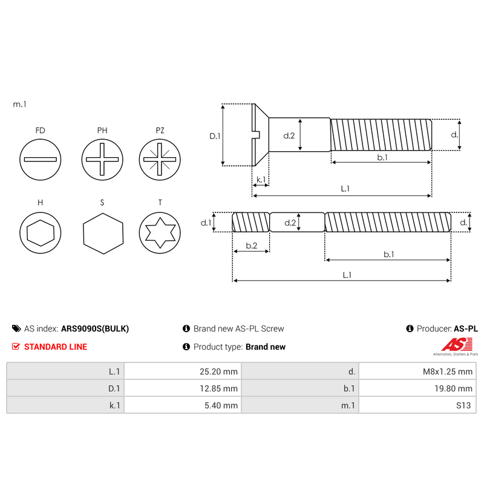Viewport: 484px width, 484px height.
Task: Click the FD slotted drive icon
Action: pyautogui.click(x=41, y=160)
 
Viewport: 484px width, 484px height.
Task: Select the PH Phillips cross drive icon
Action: pyautogui.click(x=102, y=160)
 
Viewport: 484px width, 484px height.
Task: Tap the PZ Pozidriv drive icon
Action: pyautogui.click(x=160, y=160)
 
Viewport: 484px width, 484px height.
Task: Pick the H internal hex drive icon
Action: pyautogui.click(x=41, y=232)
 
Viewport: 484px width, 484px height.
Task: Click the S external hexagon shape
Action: pyautogui.click(x=102, y=232)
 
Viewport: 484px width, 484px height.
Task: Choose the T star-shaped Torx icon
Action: pyautogui.click(x=160, y=232)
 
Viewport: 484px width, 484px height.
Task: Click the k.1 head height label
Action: pyautogui.click(x=261, y=180)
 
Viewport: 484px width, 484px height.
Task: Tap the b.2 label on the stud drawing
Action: pyautogui.click(x=251, y=246)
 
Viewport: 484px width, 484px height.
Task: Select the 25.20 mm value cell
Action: pyautogui.click(x=182, y=371)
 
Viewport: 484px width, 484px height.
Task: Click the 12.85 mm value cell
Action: pyautogui.click(x=182, y=388)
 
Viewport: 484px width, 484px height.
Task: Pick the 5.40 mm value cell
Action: pyautogui.click(x=182, y=405)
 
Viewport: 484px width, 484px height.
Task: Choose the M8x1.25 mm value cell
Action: pyautogui.click(x=417, y=371)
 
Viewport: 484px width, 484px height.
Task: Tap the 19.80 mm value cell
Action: pyautogui.click(x=417, y=388)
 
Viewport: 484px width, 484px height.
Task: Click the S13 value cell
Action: pyautogui.click(x=417, y=405)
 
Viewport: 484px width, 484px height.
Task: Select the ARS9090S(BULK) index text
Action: pyautogui.click(x=95, y=329)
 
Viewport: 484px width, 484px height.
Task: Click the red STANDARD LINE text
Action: pyautogui.click(x=55, y=347)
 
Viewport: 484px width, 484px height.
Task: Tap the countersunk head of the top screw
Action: pyautogui.click(x=260, y=134)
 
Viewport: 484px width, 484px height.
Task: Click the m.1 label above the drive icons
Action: pyautogui.click(x=20, y=105)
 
